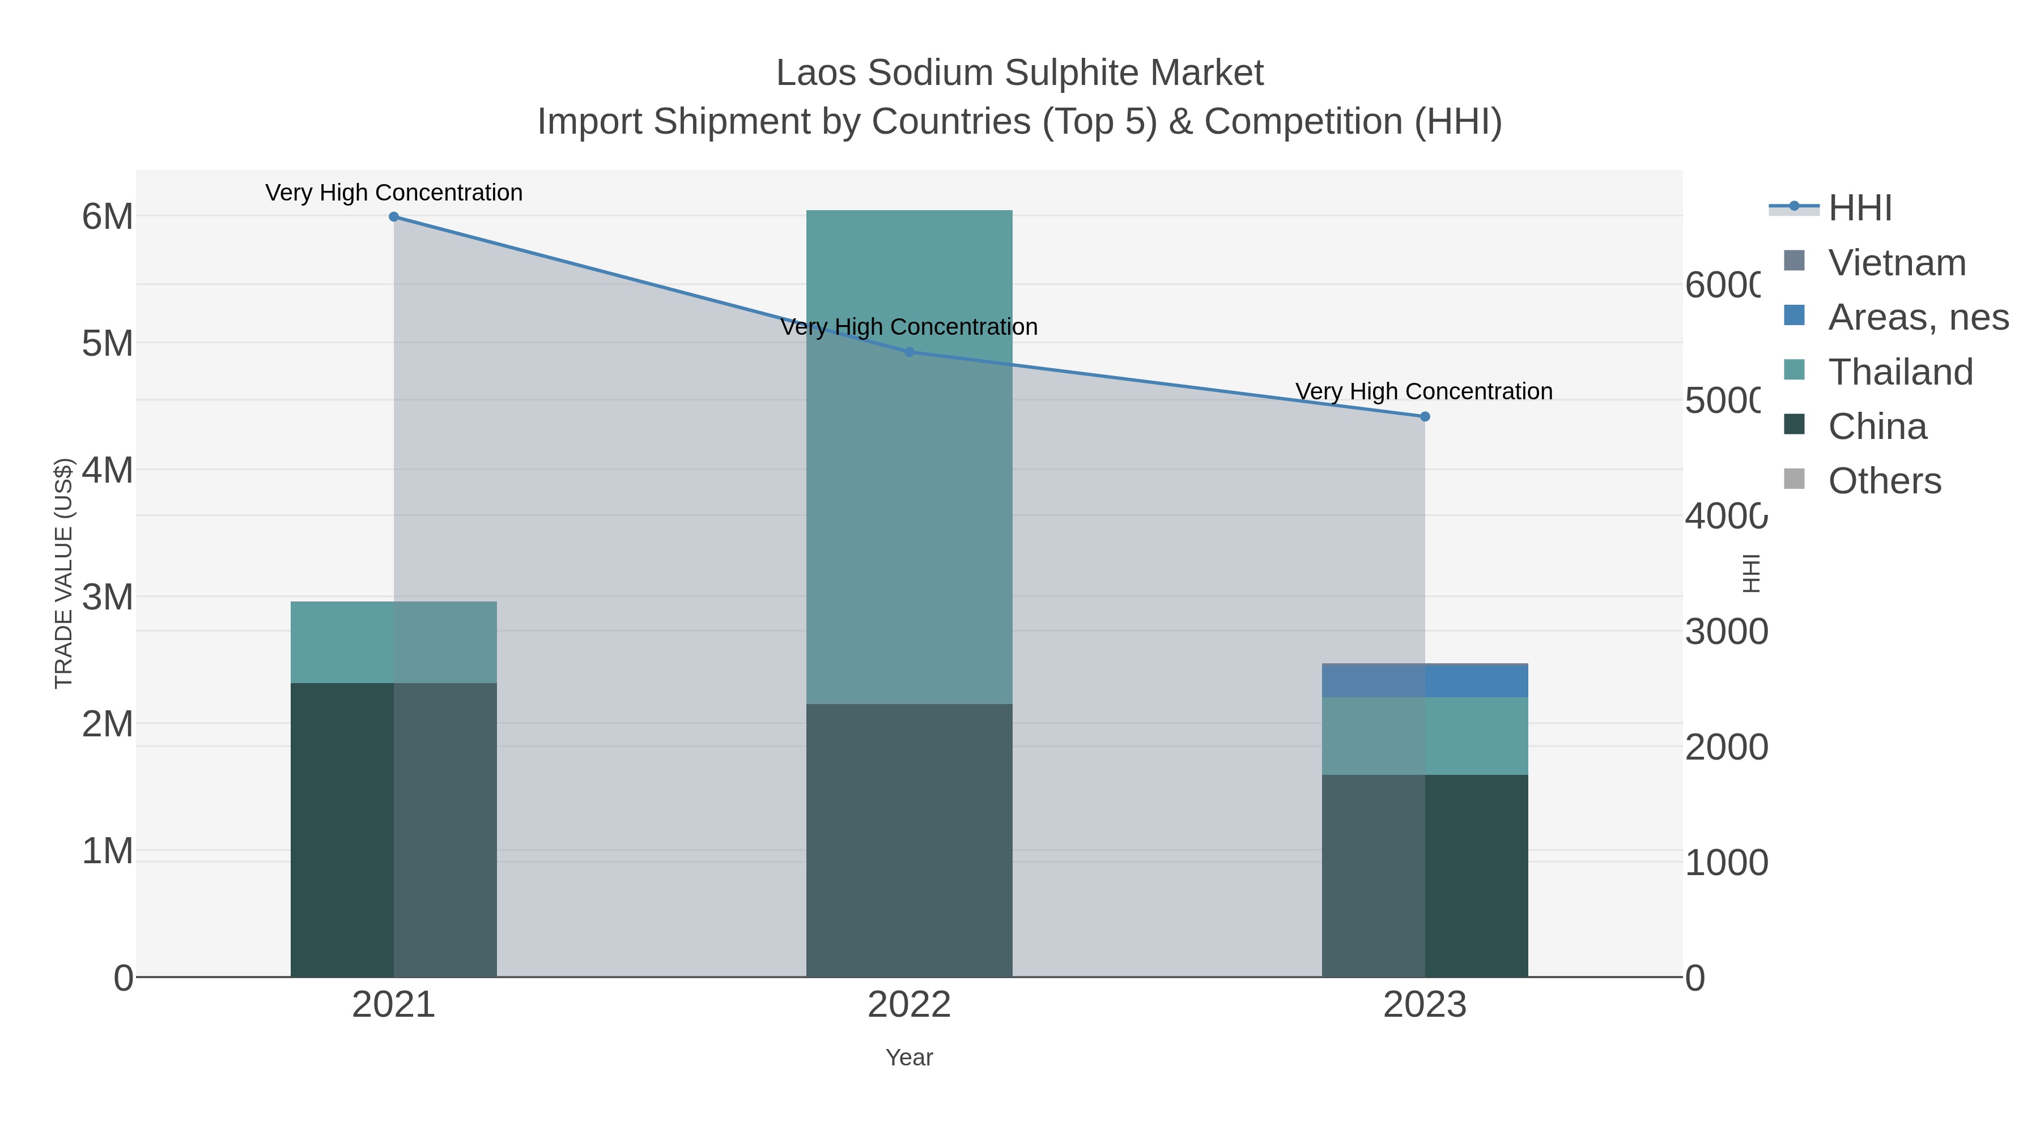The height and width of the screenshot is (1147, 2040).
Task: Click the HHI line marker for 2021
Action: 394,217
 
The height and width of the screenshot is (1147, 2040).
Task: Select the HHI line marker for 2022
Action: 909,352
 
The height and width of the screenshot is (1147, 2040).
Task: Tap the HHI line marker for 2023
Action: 1425,416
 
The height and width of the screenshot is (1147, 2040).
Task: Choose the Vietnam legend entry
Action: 1897,263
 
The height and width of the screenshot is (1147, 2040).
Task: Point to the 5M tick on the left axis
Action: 108,344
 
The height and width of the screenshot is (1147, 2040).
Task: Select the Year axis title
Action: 909,1058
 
